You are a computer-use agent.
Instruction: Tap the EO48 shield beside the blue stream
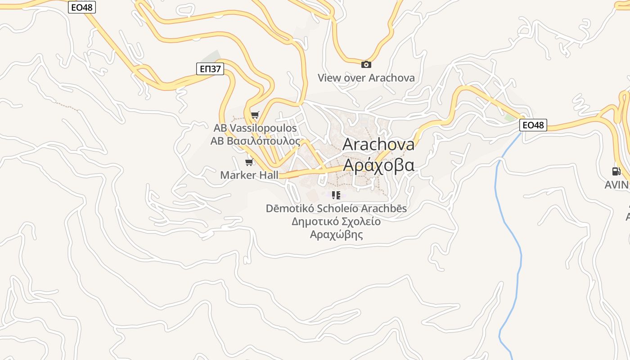[533, 125]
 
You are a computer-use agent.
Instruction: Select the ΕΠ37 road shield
[210, 68]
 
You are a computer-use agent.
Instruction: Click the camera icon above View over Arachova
[366, 65]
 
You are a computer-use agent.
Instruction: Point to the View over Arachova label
[366, 78]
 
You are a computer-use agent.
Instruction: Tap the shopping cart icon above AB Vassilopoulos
[255, 115]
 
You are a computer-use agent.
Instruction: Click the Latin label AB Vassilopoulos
[255, 128]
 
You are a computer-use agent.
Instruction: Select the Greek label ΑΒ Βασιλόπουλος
[255, 141]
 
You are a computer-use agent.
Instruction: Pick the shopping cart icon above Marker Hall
[249, 162]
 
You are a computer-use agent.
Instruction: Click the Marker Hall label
[249, 175]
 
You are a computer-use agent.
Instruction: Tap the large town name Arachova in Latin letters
[378, 144]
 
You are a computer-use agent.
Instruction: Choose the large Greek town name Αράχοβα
[378, 165]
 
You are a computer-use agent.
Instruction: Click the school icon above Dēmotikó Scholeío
[336, 195]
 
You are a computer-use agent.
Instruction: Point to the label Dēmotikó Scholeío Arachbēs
[336, 208]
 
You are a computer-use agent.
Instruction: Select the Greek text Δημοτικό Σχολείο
[336, 221]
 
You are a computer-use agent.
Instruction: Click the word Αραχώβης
[336, 234]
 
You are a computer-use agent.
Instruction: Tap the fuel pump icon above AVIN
[616, 171]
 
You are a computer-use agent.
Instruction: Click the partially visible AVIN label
[617, 184]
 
